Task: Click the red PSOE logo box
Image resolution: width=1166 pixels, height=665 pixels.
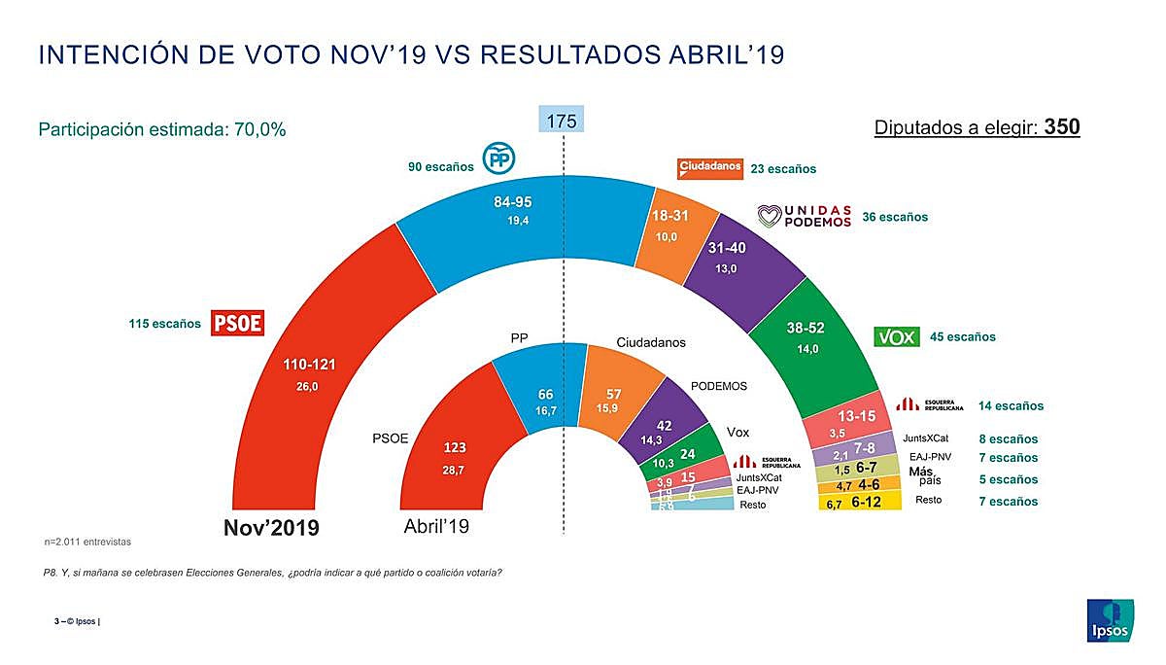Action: click(x=238, y=323)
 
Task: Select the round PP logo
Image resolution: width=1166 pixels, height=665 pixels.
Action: click(x=498, y=157)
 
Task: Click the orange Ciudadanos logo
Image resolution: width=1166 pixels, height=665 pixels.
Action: click(x=709, y=168)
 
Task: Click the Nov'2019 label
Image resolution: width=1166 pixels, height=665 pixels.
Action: click(x=272, y=528)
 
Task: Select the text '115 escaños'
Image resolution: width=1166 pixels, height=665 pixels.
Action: click(x=165, y=323)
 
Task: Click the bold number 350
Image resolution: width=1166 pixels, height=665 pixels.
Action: click(x=1062, y=127)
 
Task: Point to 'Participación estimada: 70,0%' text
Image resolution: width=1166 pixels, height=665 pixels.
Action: click(x=161, y=129)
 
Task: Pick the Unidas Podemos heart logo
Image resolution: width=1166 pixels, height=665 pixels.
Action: click(x=769, y=215)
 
